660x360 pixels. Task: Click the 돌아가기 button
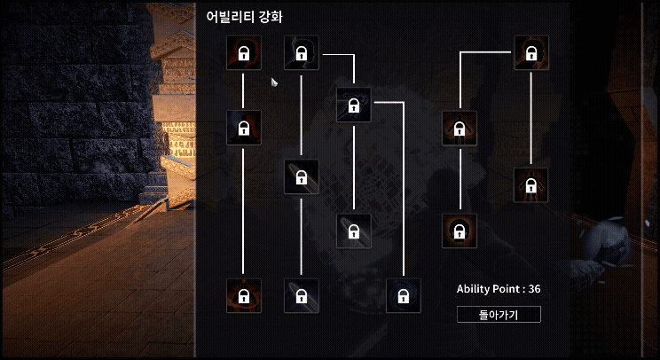click(498, 314)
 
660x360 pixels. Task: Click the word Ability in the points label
click(473, 289)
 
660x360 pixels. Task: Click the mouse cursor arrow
click(275, 82)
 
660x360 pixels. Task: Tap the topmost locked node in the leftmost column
click(243, 53)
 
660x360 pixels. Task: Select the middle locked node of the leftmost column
click(243, 128)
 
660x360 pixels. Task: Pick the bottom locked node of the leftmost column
click(243, 295)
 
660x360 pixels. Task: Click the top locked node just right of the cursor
click(301, 53)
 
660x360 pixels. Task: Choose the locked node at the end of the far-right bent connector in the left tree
click(404, 295)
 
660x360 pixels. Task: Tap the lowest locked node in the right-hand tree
click(459, 231)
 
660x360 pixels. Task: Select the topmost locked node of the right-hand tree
click(530, 53)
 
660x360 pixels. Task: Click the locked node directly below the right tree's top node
click(530, 184)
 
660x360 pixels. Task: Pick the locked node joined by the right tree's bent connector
click(459, 128)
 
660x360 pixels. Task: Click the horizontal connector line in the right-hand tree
click(486, 53)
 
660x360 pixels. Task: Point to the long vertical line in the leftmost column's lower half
click(243, 213)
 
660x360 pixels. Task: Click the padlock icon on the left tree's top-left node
click(243, 55)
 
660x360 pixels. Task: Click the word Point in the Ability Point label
click(507, 289)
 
